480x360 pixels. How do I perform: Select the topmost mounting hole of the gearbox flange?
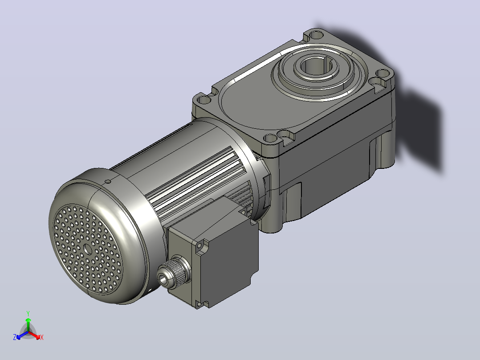point(315,35)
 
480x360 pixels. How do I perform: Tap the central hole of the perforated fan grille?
point(88,249)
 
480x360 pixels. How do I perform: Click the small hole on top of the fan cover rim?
point(107,181)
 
